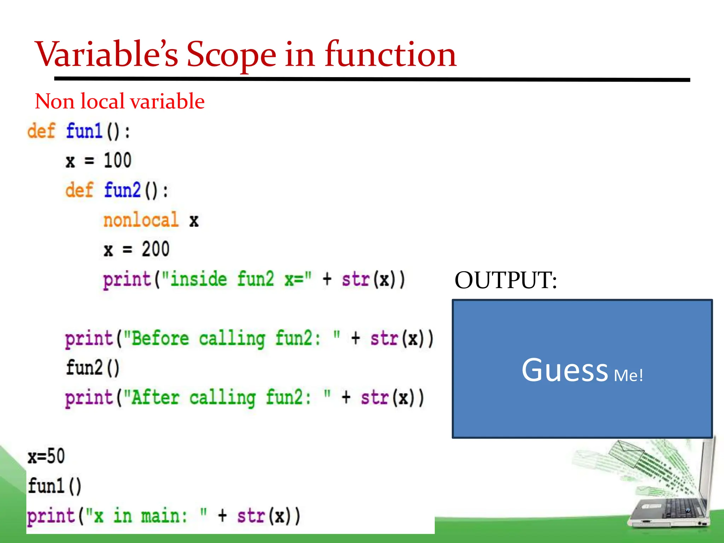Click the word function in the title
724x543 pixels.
click(x=390, y=55)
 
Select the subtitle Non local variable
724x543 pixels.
click(x=119, y=101)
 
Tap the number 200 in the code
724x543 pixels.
click(x=156, y=249)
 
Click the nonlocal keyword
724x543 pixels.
click(x=141, y=220)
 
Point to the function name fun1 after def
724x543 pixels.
click(x=84, y=131)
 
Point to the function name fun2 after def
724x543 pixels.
click(x=122, y=190)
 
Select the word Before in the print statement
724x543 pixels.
click(x=160, y=339)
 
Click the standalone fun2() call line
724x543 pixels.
click(x=93, y=368)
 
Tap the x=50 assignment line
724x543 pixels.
click(x=46, y=456)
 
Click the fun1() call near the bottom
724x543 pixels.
click(x=54, y=486)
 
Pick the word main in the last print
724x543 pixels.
click(x=163, y=516)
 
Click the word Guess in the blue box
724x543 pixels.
click(x=564, y=370)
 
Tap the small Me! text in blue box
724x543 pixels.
click(x=628, y=375)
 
